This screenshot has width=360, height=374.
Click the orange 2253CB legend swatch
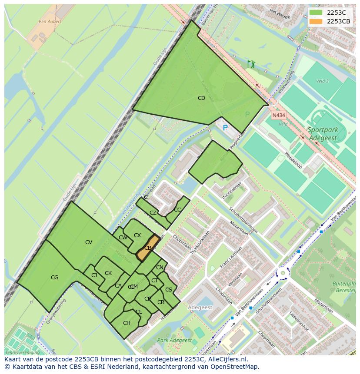point(316,21)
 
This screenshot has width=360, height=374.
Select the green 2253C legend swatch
point(316,13)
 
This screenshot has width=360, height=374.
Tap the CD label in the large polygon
point(201,98)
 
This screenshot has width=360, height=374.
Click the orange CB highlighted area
point(148,248)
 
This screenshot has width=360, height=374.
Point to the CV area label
point(89,242)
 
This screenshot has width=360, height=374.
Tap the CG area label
point(54,278)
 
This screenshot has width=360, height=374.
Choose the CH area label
point(127,323)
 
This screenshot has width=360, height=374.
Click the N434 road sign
point(278,116)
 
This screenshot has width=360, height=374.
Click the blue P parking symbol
point(225,128)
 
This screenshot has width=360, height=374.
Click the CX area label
point(137,235)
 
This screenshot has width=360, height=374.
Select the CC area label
point(177,210)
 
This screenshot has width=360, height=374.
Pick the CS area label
point(169,290)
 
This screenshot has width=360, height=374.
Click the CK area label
point(108,273)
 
